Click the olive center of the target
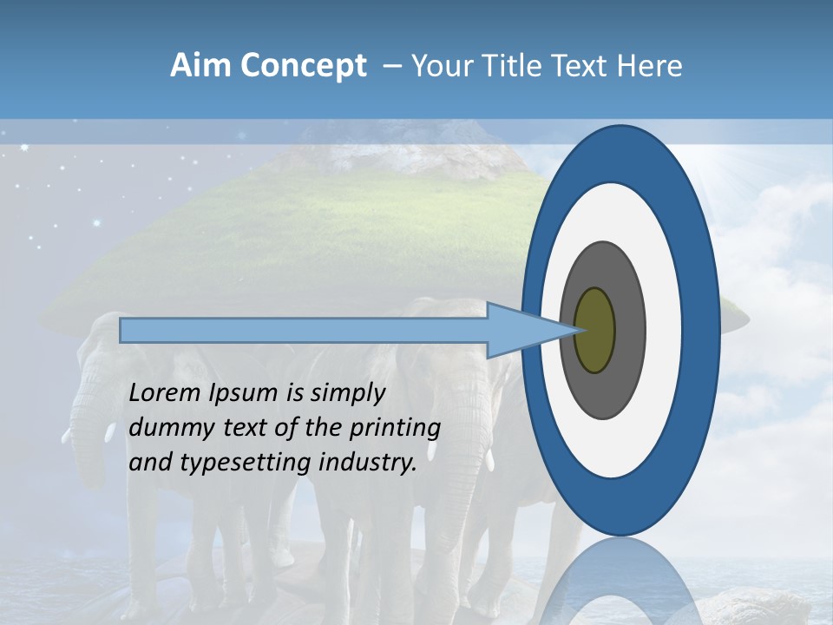tap(594, 330)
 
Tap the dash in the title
tap(392, 67)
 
